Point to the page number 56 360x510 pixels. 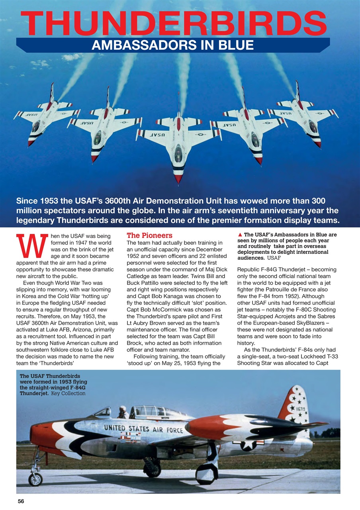click(x=21, y=502)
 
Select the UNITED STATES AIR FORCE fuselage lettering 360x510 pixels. click(x=143, y=429)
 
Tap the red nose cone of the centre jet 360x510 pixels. click(x=178, y=178)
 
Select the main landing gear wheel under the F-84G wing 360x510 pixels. click(x=206, y=473)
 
